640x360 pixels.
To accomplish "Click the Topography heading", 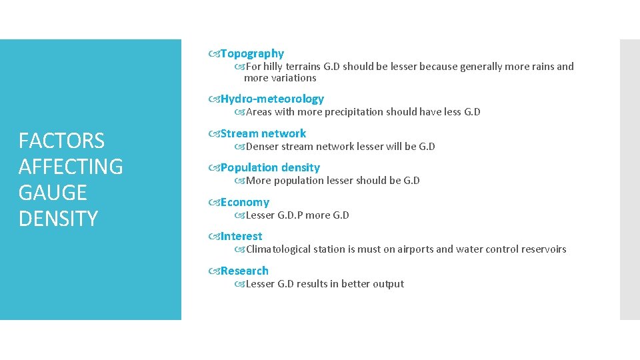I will pos(252,53).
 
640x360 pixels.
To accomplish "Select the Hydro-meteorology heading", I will pos(272,99).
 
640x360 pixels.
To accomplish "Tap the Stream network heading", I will pos(263,133).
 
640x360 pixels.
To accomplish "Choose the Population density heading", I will pos(270,167).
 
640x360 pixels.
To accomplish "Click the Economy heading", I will pos(245,202).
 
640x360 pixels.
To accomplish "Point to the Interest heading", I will pos(241,236).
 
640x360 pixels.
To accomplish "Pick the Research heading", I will pos(245,271).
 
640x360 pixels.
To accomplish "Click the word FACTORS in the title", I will pos(61,141).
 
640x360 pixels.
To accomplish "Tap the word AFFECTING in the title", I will pos(71,167).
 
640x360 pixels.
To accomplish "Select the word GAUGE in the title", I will pos(53,193).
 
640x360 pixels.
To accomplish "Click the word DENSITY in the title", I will pos(58,219).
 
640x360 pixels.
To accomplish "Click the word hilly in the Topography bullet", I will pos(275,67).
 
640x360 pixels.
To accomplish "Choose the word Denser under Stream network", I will pos(262,147).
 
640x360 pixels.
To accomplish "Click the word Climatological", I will pos(279,249).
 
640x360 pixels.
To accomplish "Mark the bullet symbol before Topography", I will pos(213,53).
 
